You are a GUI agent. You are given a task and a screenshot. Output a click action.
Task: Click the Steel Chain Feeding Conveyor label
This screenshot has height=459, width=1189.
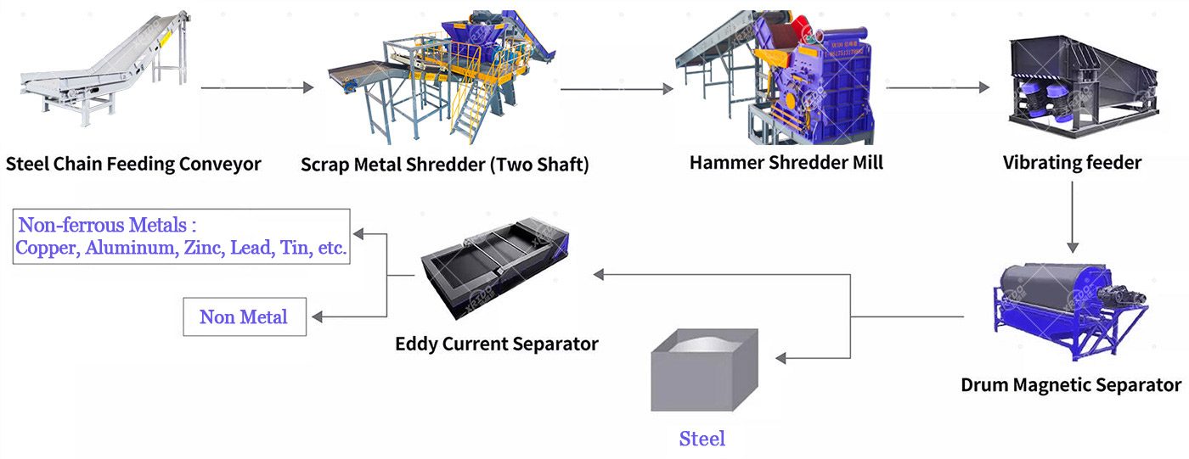click(x=133, y=164)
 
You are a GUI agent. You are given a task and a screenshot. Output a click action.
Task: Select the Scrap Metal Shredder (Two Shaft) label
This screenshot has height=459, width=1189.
click(x=444, y=164)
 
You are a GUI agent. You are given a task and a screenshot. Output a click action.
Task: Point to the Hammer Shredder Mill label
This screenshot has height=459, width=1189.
click(x=786, y=161)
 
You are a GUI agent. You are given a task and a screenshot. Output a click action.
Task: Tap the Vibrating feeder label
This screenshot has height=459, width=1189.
click(x=1073, y=162)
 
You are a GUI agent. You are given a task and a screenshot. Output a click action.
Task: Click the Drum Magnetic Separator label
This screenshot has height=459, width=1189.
click(x=1071, y=384)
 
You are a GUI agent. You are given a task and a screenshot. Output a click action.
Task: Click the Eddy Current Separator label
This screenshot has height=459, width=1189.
click(x=497, y=344)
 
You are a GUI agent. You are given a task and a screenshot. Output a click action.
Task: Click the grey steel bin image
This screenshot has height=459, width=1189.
click(x=704, y=369)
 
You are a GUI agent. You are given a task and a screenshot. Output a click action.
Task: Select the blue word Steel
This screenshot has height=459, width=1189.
click(x=702, y=439)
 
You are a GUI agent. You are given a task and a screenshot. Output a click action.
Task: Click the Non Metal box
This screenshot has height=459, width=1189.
click(x=245, y=317)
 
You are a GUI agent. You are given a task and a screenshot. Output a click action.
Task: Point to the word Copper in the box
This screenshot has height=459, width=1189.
click(x=48, y=249)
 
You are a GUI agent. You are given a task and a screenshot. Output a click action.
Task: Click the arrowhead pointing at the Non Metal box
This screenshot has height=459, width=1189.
click(x=317, y=317)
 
